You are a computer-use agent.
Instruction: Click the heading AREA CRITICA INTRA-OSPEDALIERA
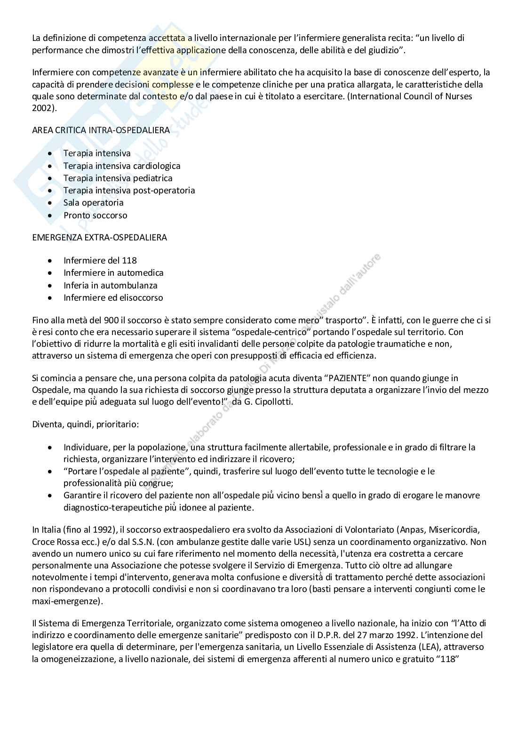101,130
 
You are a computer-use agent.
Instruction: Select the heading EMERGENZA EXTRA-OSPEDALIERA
99,238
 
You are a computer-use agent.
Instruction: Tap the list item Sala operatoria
93,203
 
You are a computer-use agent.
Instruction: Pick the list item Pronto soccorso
95,216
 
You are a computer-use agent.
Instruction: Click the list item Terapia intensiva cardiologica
122,166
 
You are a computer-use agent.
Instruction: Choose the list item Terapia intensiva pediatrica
118,178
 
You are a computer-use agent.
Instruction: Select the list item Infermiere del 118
100,261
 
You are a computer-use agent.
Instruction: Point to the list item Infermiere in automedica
113,273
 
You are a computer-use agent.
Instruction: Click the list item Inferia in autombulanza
111,285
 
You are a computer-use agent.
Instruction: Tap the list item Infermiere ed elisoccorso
113,297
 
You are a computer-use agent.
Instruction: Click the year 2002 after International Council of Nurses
42,107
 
